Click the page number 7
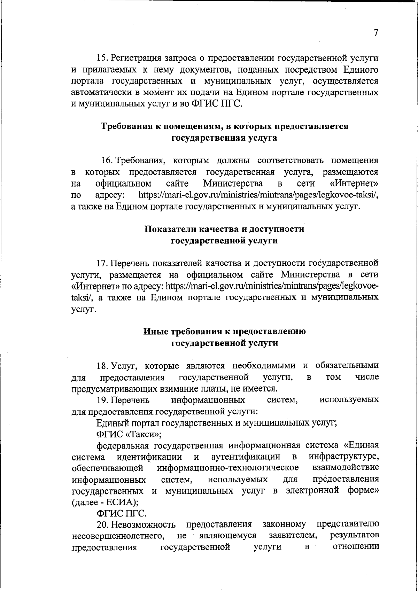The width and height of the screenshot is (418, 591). pyautogui.click(x=376, y=33)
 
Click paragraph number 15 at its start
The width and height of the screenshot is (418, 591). pyautogui.click(x=102, y=59)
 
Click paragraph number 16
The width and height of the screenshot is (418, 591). pyautogui.click(x=107, y=161)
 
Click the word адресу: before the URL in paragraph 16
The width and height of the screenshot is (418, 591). pyautogui.click(x=111, y=195)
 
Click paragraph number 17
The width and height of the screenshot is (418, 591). pyautogui.click(x=103, y=263)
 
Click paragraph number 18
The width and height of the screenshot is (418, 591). pyautogui.click(x=103, y=365)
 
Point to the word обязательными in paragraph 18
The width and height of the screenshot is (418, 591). pyautogui.click(x=347, y=365)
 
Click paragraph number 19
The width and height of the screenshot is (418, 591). pyautogui.click(x=103, y=399)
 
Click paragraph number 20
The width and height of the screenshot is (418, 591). pyautogui.click(x=103, y=524)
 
